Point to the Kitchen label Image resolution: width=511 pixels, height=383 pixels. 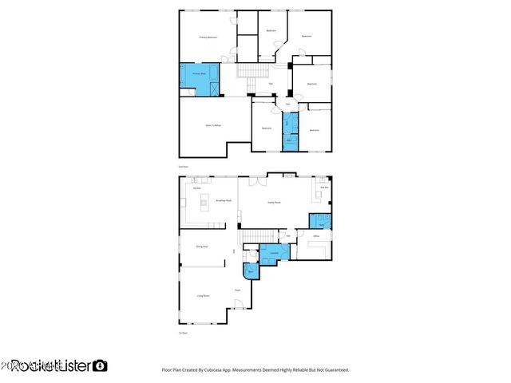pos(196,188)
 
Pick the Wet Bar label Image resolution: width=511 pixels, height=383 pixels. pos(324,188)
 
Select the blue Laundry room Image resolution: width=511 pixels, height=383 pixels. pos(274,255)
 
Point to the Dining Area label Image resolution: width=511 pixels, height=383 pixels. pos(202,247)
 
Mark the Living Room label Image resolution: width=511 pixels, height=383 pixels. pos(204,295)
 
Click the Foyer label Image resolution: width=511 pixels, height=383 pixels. pos(237,289)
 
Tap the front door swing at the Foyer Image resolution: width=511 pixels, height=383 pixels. pos(238,304)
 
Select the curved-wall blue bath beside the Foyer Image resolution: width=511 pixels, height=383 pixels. pos(251,271)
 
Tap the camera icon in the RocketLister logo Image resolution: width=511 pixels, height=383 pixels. pos(100,365)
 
